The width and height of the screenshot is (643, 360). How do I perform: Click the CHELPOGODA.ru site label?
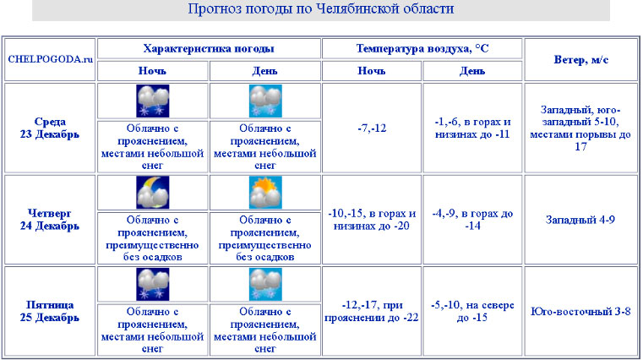(x=51, y=59)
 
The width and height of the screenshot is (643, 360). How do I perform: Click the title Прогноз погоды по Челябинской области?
(x=321, y=9)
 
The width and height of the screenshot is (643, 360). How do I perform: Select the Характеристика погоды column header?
(x=209, y=48)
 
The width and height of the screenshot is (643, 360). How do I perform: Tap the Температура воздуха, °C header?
(x=422, y=48)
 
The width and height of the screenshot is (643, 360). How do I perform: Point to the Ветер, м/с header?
(x=581, y=59)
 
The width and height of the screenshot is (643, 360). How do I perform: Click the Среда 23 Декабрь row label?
(x=51, y=128)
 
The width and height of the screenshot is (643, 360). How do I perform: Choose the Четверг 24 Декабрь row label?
(x=51, y=220)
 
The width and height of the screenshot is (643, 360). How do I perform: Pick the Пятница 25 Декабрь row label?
(x=51, y=311)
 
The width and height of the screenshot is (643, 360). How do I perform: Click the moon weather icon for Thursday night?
(x=153, y=193)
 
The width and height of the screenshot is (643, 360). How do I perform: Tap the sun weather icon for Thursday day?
(x=265, y=193)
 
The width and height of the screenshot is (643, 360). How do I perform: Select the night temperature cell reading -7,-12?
(x=373, y=128)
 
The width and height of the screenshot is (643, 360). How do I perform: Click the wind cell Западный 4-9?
(x=581, y=220)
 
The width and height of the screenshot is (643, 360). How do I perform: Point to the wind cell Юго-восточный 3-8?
(x=581, y=311)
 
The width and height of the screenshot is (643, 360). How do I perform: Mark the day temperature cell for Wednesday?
(x=472, y=128)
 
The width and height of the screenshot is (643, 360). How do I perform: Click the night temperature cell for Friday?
(x=373, y=311)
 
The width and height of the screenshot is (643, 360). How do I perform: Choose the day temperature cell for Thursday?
(x=472, y=220)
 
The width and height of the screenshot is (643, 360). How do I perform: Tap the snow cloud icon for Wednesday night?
(x=153, y=101)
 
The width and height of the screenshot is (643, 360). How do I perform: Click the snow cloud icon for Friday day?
(x=265, y=284)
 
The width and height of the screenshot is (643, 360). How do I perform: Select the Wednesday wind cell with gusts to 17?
(x=581, y=128)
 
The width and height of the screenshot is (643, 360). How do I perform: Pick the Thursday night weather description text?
(x=153, y=238)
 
